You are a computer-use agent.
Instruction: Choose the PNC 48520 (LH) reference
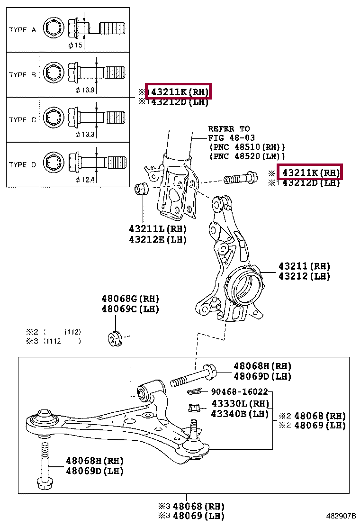click(247, 156)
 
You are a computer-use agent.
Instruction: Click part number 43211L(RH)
click(158, 229)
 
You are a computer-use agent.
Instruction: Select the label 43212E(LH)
click(158, 239)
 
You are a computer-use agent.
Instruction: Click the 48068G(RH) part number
click(130, 299)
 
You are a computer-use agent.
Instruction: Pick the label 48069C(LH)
click(130, 309)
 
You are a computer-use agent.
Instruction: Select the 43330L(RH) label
click(240, 404)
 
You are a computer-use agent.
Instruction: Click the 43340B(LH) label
click(240, 414)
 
